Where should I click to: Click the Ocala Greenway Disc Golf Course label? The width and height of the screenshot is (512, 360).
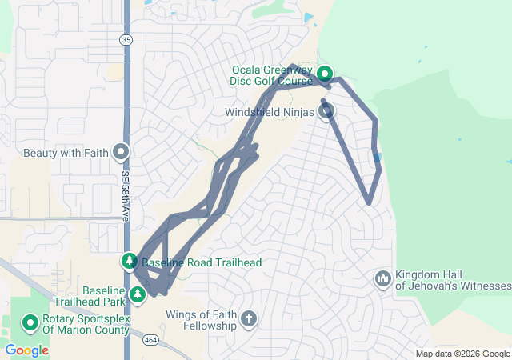point(272,75)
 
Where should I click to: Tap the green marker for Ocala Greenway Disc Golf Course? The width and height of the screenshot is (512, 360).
point(325,75)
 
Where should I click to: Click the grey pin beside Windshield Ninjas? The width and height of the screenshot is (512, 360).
point(327,111)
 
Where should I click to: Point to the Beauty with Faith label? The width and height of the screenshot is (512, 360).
point(66,152)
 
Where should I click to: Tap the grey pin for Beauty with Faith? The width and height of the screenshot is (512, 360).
point(121,151)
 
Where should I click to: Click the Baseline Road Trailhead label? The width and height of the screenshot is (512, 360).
point(202,262)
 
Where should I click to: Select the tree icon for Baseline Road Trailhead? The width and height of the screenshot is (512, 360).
point(130,261)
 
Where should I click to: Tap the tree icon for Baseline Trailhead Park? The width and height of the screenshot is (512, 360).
point(138,295)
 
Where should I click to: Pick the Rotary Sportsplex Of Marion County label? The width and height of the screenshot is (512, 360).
point(85,324)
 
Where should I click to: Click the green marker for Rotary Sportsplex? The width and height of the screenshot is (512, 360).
point(30,322)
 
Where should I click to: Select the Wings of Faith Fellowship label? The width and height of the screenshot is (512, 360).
point(202,320)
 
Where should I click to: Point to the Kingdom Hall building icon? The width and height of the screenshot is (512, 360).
point(382,278)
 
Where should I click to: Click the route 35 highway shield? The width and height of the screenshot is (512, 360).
point(126,39)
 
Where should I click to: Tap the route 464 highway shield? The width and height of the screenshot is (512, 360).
point(150,340)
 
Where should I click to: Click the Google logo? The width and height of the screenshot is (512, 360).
point(27,350)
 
